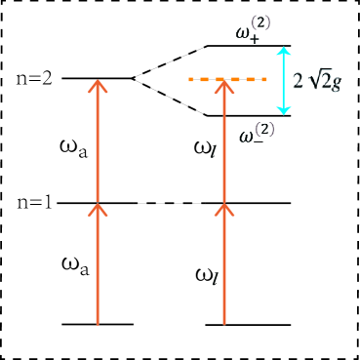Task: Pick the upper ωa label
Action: [x=71, y=147]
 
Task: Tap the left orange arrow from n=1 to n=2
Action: [x=97, y=141]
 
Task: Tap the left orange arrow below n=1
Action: [x=97, y=263]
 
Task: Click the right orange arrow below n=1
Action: [x=224, y=263]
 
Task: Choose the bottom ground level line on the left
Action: [x=97, y=324]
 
